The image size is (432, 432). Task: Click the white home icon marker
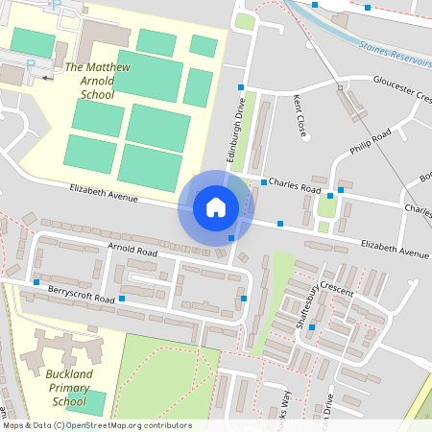(x=215, y=207)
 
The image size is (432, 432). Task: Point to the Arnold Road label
(x=132, y=251)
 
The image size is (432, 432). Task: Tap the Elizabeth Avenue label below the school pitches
(x=105, y=195)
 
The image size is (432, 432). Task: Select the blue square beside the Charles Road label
(x=264, y=181)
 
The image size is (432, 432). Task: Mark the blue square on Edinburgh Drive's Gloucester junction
(x=240, y=87)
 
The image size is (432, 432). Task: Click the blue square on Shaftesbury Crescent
(x=311, y=327)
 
